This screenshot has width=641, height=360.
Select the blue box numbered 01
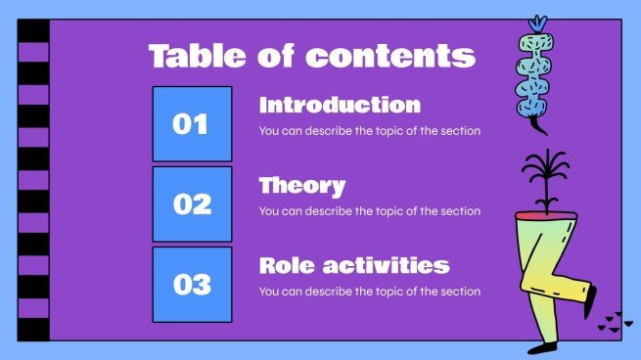point(192,124)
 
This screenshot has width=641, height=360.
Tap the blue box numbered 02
point(192,204)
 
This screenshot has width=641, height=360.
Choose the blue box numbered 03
point(192,285)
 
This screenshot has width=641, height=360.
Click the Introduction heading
point(340,105)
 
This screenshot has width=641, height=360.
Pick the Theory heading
point(301,185)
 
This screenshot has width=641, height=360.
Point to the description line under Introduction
point(369,131)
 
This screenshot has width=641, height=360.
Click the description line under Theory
point(369,211)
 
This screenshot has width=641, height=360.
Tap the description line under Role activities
point(369,292)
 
